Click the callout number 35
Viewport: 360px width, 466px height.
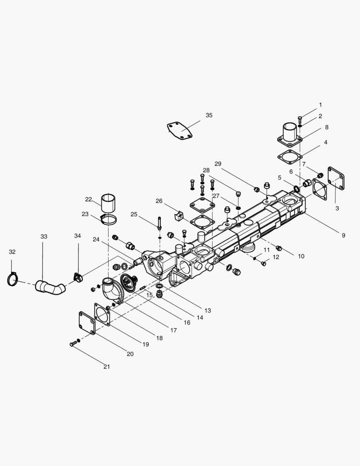click(209, 115)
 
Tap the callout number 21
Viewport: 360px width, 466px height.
click(106, 366)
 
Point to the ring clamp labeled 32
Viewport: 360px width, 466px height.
click(13, 280)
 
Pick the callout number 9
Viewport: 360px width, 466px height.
click(343, 235)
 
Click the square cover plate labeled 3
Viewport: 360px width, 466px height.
click(336, 179)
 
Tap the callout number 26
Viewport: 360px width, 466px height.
click(159, 201)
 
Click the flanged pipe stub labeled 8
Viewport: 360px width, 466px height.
click(289, 133)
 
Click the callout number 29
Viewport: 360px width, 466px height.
click(218, 164)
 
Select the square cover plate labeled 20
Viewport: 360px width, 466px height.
click(87, 322)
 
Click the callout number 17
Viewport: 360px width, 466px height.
click(173, 330)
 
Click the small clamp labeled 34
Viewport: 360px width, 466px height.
click(78, 277)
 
